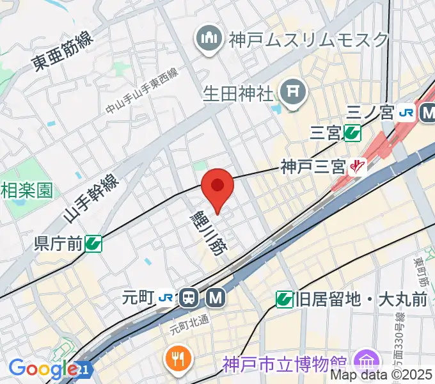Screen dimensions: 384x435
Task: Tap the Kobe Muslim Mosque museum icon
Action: point(209,38)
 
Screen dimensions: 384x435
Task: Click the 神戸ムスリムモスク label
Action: point(308,39)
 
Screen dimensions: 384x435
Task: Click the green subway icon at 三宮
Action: point(351,133)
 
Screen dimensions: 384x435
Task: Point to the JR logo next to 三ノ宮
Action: point(406,113)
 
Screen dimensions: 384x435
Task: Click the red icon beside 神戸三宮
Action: point(358,168)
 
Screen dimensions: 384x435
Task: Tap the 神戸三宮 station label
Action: point(313,168)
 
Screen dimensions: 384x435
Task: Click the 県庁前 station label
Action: point(58,243)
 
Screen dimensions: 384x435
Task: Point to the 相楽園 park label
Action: point(26,190)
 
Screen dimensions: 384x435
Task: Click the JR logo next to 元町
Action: point(166,297)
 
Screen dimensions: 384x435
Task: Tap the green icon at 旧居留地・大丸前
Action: point(285,298)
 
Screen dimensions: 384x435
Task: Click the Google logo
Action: point(43,369)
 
